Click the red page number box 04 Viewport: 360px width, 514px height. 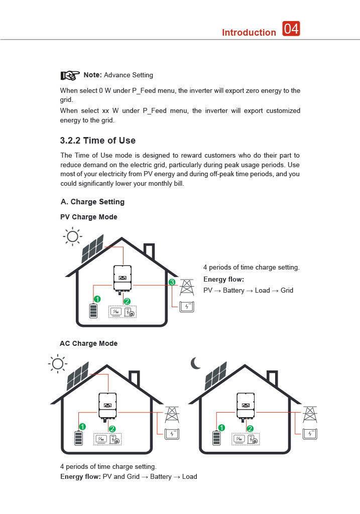pyautogui.click(x=291, y=29)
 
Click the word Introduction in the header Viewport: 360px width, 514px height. pyautogui.click(x=249, y=33)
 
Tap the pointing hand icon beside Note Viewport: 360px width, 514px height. pyautogui.click(x=70, y=75)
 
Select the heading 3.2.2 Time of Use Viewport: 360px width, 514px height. pyautogui.click(x=98, y=141)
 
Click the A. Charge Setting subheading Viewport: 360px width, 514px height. pyautogui.click(x=92, y=202)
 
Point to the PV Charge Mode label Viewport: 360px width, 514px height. pyautogui.click(x=89, y=217)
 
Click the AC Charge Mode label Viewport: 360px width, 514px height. pyautogui.click(x=89, y=344)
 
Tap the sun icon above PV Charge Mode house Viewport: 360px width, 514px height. pyautogui.click(x=72, y=236)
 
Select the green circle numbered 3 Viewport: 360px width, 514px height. pyautogui.click(x=172, y=283)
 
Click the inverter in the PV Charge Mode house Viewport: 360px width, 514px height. pyautogui.click(x=122, y=278)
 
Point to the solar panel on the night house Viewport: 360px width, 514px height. pyautogui.click(x=215, y=376)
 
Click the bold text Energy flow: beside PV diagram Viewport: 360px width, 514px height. pyautogui.click(x=223, y=279)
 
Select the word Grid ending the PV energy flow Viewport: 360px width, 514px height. pyautogui.click(x=287, y=291)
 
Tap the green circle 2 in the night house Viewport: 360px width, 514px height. pyautogui.click(x=250, y=428)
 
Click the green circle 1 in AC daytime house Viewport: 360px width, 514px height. pyautogui.click(x=82, y=426)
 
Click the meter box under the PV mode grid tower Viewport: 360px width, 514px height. pyautogui.click(x=187, y=306)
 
